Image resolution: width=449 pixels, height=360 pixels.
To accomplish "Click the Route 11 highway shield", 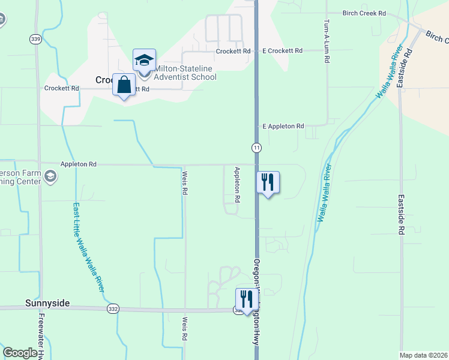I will pyautogui.click(x=256, y=148).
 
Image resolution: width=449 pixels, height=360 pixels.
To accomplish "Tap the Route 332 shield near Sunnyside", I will pyautogui.click(x=113, y=308).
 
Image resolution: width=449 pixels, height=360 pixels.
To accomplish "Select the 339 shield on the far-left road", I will pyautogui.click(x=35, y=39).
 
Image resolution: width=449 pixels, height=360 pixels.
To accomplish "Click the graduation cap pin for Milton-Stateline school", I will pyautogui.click(x=144, y=61).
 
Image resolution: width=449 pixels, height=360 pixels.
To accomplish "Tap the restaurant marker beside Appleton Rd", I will pyautogui.click(x=268, y=182).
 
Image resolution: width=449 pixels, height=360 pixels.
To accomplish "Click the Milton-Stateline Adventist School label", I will pyautogui.click(x=185, y=72).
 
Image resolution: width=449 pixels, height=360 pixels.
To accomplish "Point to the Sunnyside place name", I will pyautogui.click(x=47, y=304).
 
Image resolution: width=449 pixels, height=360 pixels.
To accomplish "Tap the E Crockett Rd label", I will pyautogui.click(x=282, y=52).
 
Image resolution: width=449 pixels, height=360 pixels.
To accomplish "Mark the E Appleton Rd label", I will pyautogui.click(x=283, y=127).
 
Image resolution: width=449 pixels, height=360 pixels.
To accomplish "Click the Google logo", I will pyautogui.click(x=20, y=353).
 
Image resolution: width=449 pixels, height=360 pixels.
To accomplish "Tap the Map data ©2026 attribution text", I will pyautogui.click(x=423, y=355).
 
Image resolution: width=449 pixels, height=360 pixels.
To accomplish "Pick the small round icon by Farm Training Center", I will pyautogui.click(x=50, y=176).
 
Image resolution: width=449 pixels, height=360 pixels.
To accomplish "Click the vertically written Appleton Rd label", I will pyautogui.click(x=238, y=184).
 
